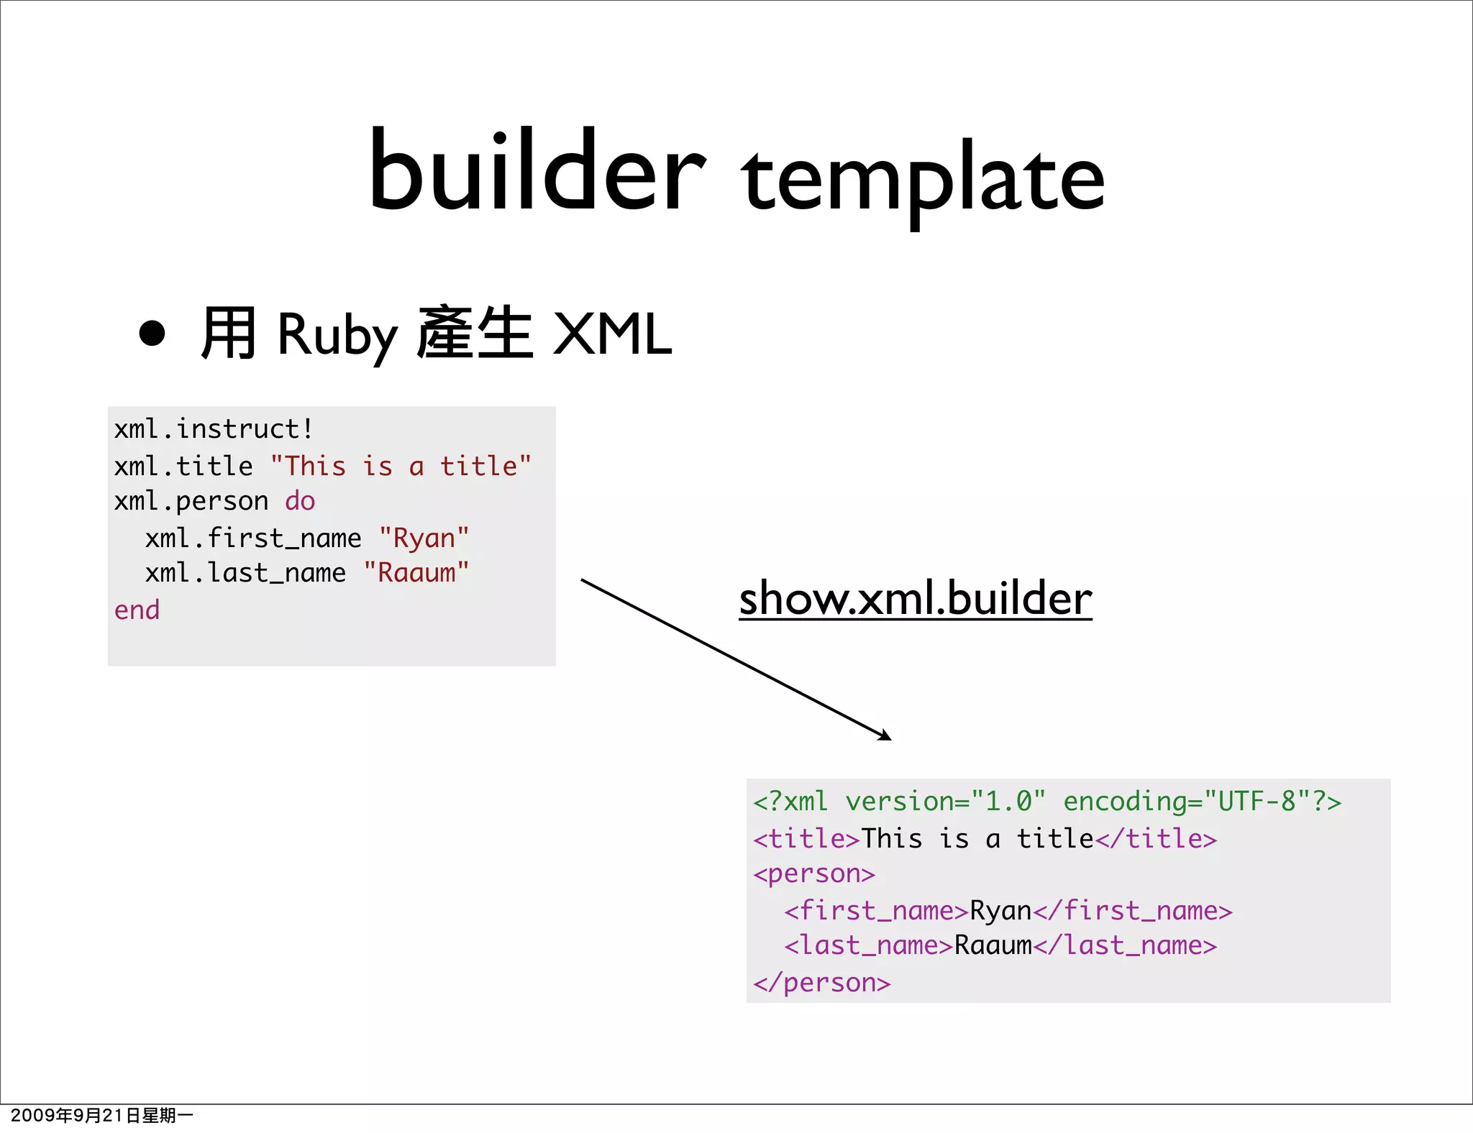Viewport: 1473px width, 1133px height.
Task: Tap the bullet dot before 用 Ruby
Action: [x=152, y=333]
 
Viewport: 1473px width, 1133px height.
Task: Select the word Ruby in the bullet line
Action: [x=337, y=335]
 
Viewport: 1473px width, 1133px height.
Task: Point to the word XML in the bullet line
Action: [x=612, y=334]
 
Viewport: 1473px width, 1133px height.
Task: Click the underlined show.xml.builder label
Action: [x=915, y=598]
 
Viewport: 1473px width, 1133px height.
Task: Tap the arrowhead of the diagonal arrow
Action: [x=886, y=735]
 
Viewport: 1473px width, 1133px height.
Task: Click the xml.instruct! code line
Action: [x=214, y=429]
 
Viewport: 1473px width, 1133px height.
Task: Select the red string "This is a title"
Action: [x=401, y=466]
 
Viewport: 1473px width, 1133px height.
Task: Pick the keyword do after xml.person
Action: [x=300, y=501]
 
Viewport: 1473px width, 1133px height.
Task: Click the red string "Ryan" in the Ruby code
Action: [x=424, y=538]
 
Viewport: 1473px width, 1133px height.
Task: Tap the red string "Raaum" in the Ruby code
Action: [x=416, y=573]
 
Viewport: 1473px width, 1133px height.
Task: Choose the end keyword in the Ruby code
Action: [x=137, y=610]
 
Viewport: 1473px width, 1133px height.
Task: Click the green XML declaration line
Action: [x=1046, y=801]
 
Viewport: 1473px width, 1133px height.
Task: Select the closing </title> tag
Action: [x=1156, y=838]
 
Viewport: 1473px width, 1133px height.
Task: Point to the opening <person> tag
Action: [x=813, y=873]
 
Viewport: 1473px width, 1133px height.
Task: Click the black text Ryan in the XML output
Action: [x=1000, y=911]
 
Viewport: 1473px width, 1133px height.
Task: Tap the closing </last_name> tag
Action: [x=1125, y=945]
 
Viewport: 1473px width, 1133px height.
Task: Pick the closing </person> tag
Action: [x=821, y=983]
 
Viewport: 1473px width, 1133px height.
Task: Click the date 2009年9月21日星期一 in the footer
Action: [x=101, y=1115]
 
